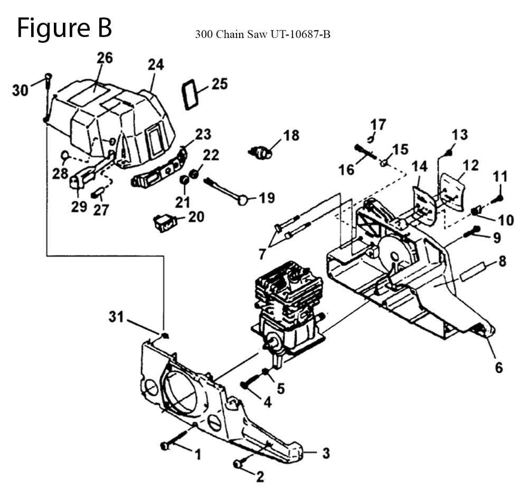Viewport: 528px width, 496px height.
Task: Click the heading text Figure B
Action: [x=64, y=28]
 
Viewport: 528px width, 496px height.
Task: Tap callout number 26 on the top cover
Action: [x=104, y=58]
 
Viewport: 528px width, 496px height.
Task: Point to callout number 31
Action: [x=116, y=317]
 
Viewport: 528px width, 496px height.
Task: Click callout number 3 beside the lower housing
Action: [x=326, y=453]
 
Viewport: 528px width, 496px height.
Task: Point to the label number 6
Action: [x=498, y=366]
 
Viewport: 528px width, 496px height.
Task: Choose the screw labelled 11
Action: [x=498, y=198]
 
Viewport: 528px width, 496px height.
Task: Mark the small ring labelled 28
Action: [x=65, y=155]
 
